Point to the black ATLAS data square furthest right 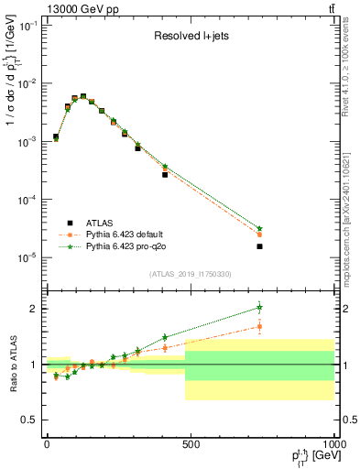click(260, 246)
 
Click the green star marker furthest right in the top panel click(260, 228)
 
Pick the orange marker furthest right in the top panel click(260, 234)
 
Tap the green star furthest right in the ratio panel click(260, 308)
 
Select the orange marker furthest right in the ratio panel click(260, 326)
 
